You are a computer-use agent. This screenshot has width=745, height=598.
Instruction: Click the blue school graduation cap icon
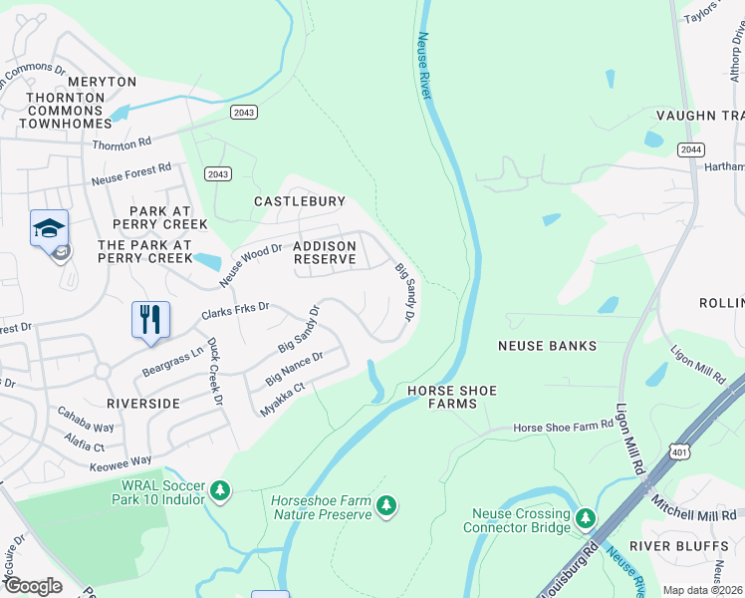coord(50,229)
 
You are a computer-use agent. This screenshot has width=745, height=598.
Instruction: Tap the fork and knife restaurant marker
coord(150,320)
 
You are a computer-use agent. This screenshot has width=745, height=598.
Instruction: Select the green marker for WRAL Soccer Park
coord(220,490)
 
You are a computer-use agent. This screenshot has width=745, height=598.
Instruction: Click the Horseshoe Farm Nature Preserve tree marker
coord(386,507)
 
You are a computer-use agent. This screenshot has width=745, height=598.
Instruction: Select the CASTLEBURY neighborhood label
coord(299,201)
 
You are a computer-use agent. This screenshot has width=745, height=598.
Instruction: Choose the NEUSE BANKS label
coord(548,346)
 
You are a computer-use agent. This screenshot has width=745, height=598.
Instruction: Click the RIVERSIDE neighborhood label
coord(144,404)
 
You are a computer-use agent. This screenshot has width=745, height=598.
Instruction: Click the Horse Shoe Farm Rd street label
coord(563,427)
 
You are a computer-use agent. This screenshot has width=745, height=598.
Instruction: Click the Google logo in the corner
coord(34,585)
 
